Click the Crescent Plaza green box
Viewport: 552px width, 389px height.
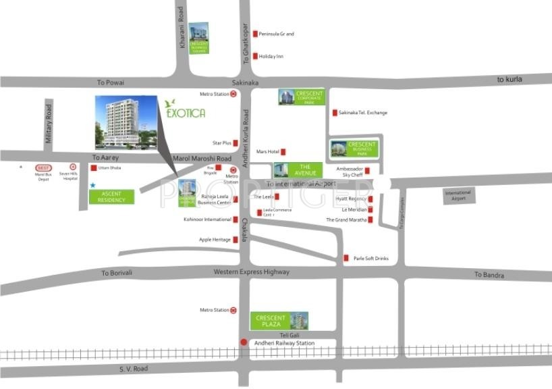[x=271, y=321]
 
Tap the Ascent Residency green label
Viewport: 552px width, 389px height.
[x=111, y=197]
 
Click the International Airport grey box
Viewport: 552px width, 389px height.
[x=459, y=196]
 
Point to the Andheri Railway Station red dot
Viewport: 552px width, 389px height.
[x=244, y=342]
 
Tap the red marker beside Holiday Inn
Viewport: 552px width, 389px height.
[x=255, y=56]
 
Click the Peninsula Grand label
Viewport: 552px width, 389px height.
[x=277, y=34]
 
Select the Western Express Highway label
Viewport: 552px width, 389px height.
[x=252, y=271]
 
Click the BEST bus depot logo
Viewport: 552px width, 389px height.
[x=44, y=167]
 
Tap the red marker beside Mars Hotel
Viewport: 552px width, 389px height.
[x=283, y=152]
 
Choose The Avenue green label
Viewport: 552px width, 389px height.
[x=304, y=170]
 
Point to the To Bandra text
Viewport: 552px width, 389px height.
[x=487, y=274]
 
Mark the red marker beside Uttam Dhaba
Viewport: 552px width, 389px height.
[x=93, y=167]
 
